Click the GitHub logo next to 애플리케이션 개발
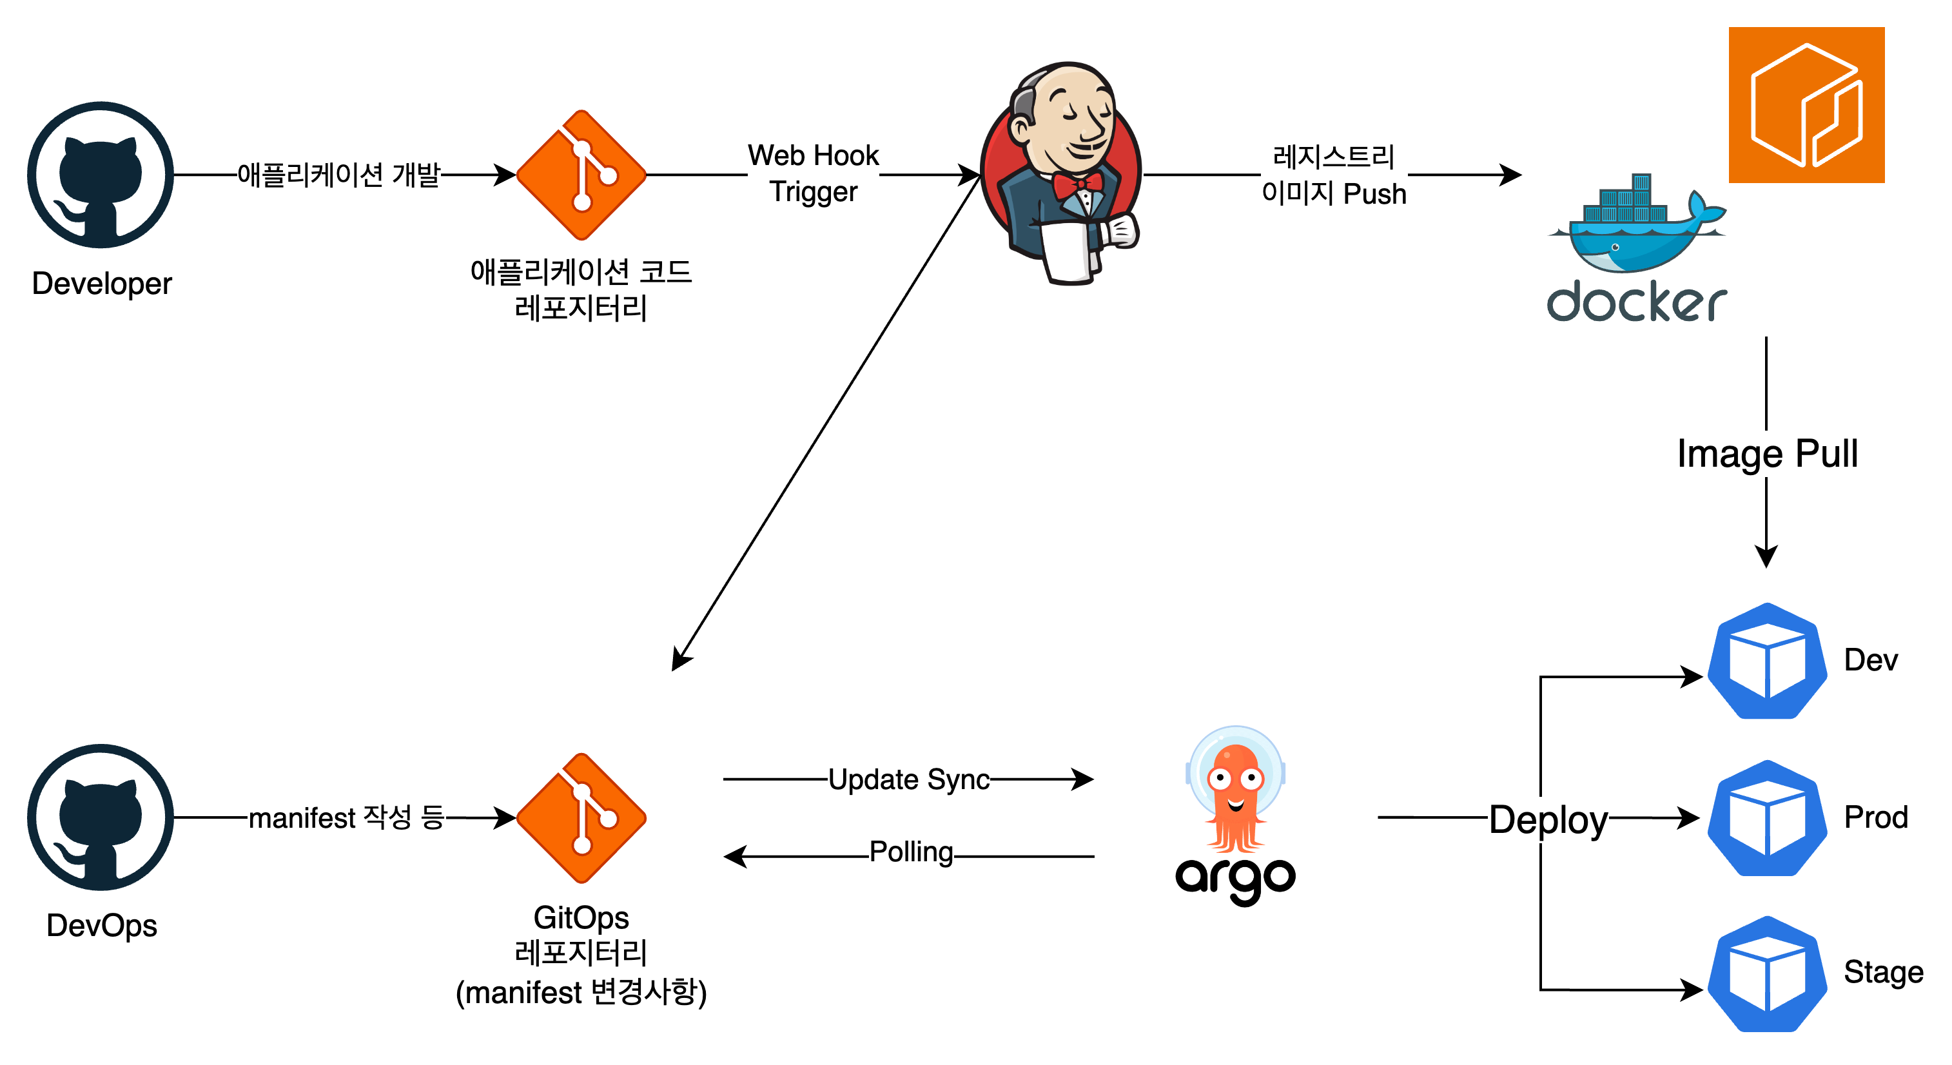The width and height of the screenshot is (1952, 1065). tap(101, 175)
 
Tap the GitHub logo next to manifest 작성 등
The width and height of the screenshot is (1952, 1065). tap(101, 817)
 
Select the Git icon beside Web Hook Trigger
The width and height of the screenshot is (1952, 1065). tap(581, 175)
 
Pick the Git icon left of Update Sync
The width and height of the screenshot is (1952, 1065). tap(581, 818)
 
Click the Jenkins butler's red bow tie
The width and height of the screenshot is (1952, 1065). tap(1077, 184)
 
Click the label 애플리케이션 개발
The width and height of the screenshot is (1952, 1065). tap(338, 176)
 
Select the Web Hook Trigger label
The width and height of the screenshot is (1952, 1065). tap(813, 173)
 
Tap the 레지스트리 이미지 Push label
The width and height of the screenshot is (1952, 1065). tap(1334, 176)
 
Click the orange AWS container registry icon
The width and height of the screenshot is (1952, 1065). tap(1806, 105)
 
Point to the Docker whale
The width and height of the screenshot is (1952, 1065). tap(1637, 228)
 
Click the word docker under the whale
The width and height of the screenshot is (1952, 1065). tap(1637, 302)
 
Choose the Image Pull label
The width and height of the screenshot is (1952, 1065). tap(1767, 454)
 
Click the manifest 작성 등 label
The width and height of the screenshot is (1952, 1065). tap(346, 818)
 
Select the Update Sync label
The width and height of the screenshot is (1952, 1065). tap(908, 780)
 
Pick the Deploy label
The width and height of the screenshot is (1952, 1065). tap(1548, 819)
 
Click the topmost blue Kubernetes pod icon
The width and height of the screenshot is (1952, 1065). tap(1767, 661)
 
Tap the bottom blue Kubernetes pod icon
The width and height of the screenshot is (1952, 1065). tap(1767, 975)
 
